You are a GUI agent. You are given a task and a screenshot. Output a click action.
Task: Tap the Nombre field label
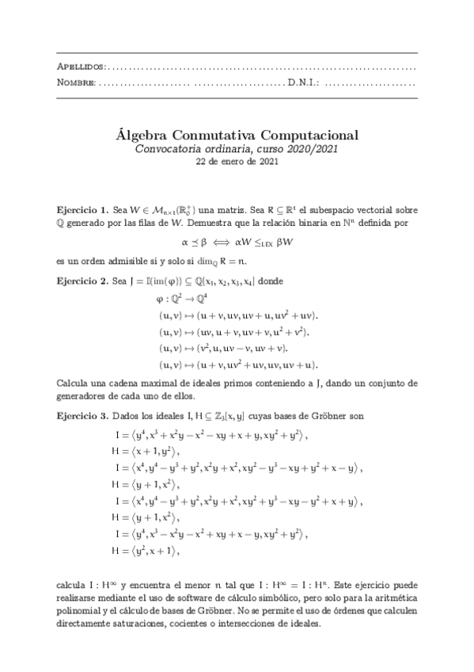[78, 82]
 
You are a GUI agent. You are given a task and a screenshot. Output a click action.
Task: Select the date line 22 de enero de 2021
[237, 162]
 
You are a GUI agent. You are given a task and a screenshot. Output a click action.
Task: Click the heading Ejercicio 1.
[82, 211]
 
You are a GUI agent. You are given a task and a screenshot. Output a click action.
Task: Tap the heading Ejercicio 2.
[82, 281]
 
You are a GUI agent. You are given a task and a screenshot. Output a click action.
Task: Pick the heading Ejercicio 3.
[82, 416]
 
